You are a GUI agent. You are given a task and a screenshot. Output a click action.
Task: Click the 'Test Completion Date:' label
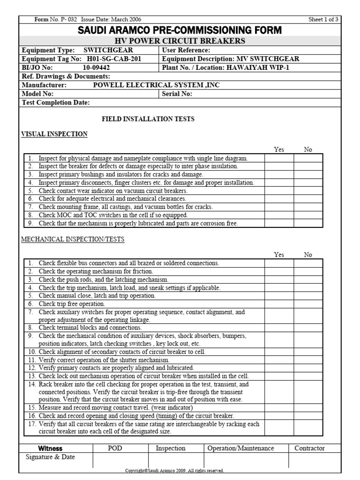coord(56,103)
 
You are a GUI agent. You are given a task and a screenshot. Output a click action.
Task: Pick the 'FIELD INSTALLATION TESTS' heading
coord(148,119)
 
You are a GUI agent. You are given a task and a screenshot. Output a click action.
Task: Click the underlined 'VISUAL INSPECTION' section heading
coord(54,134)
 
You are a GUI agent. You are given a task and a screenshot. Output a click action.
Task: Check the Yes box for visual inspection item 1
coord(279,158)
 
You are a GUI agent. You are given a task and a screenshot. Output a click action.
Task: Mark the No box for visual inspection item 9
coord(308,223)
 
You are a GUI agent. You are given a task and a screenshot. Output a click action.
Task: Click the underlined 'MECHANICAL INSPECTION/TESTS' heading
coord(73,239)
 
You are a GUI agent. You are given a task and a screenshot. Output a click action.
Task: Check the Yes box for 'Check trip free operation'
coord(279,304)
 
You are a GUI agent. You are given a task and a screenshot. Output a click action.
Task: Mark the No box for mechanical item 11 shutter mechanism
coord(308,360)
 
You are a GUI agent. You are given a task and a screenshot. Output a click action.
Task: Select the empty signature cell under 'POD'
coord(120,460)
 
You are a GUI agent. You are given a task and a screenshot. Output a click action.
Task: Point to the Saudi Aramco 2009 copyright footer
coord(174,470)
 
